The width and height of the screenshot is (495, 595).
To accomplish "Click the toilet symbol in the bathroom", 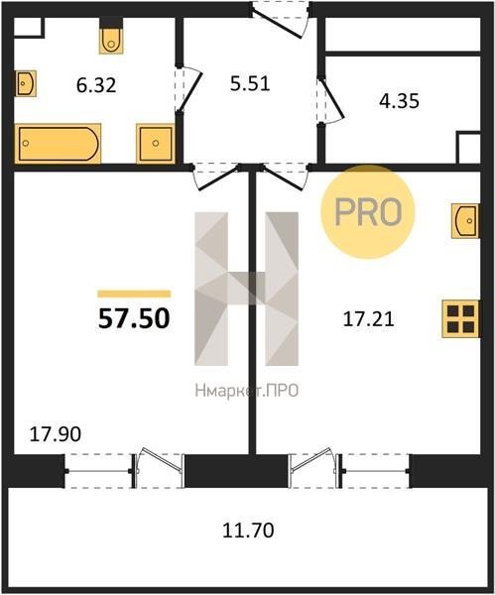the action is [111, 38].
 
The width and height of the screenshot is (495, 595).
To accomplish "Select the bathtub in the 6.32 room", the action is [58, 144].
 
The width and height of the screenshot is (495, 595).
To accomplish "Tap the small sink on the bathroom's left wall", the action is [26, 83].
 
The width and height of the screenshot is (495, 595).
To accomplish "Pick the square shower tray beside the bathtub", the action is [156, 144].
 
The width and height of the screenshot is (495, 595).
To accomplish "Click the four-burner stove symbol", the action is [460, 319].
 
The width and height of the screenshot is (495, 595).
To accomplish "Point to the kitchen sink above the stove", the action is [465, 221].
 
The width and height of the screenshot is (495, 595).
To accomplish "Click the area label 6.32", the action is [96, 85].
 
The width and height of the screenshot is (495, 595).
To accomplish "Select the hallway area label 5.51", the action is [250, 83].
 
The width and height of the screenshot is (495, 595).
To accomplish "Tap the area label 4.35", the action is [400, 101].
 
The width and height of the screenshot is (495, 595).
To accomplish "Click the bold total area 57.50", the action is [134, 318].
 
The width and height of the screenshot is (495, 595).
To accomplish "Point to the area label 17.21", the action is [369, 319].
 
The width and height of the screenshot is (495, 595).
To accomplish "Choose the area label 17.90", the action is [56, 434].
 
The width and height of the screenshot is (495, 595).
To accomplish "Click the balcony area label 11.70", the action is [248, 531].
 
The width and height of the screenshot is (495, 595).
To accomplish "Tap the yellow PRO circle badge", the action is [368, 212].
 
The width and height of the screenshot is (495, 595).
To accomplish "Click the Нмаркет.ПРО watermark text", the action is [247, 391].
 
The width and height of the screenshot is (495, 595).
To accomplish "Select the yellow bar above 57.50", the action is [134, 294].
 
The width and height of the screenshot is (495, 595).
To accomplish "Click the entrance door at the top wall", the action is [281, 19].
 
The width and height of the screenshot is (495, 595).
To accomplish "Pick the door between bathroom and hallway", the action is [187, 89].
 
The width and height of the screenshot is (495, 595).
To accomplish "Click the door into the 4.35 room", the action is [330, 100].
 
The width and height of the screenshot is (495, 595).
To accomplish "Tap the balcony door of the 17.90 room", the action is [158, 469].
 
